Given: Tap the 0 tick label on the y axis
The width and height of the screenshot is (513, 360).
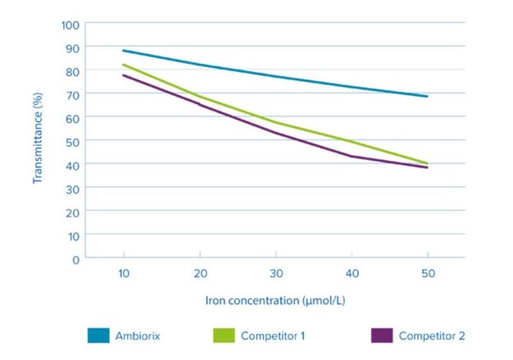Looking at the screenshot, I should tap(76, 258).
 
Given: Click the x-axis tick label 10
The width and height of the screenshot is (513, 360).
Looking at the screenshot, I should tap(123, 274).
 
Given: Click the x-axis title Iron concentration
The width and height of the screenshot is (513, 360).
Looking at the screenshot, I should tap(275, 300).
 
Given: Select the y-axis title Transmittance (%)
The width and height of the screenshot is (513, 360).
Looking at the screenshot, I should tap(37, 141).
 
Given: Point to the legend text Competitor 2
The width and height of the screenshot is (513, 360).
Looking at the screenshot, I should tap(432, 335).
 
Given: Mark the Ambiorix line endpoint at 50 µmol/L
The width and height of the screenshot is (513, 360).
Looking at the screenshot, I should tap(426, 96).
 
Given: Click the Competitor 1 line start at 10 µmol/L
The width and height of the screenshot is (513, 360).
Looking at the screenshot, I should tap(123, 65).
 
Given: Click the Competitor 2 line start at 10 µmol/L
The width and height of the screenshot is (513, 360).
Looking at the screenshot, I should tap(123, 75).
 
